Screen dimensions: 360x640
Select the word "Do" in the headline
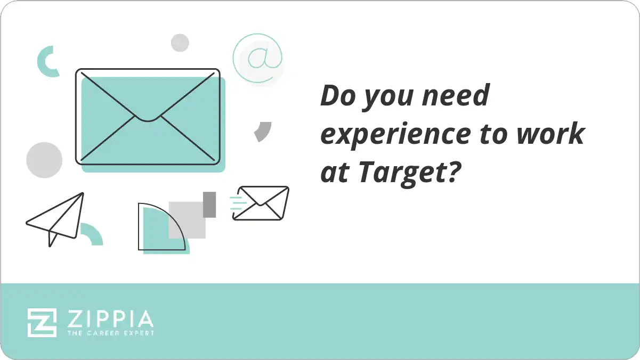pyautogui.click(x=337, y=96)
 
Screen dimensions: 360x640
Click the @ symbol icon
pyautogui.click(x=258, y=58)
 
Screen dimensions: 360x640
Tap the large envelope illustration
pyautogui.click(x=148, y=116)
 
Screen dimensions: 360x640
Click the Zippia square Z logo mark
pyautogui.click(x=42, y=322)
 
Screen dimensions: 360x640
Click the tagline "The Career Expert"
pyautogui.click(x=110, y=333)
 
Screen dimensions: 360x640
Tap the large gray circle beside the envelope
pyautogui.click(x=44, y=160)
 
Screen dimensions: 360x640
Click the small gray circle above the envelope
pyautogui.click(x=180, y=43)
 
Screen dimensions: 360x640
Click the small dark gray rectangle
pyautogui.click(x=209, y=204)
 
